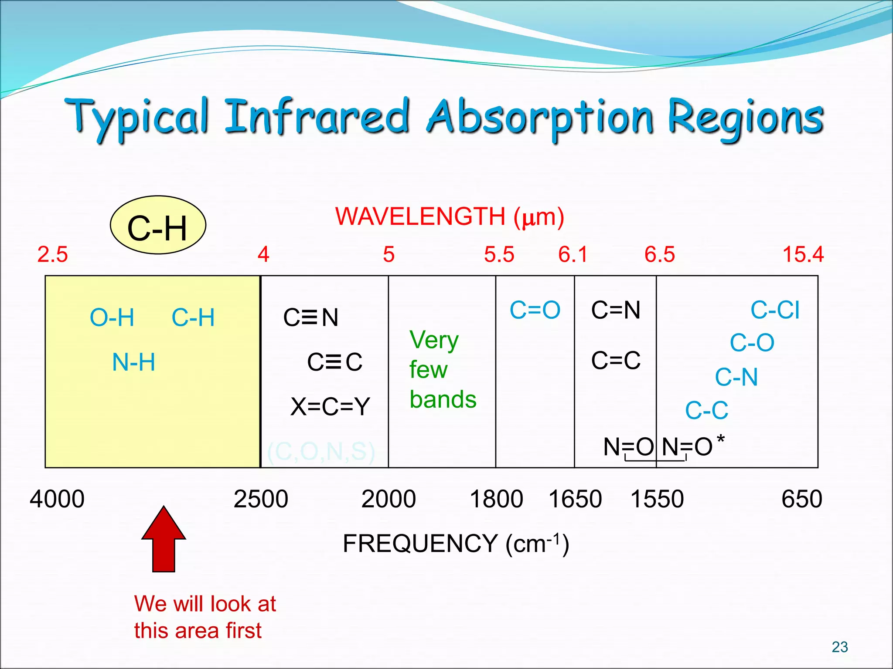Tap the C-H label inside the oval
157,228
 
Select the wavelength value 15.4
803,254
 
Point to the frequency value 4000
57,499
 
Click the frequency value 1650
575,499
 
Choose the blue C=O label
535,310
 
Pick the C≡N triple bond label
311,317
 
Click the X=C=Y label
330,407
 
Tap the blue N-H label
133,362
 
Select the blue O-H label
112,318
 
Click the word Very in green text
434,340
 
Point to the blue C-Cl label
775,311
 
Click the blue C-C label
706,410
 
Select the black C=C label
616,361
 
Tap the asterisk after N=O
720,439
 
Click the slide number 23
839,647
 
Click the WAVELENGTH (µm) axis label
450,216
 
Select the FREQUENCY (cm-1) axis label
456,544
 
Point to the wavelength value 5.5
499,254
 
